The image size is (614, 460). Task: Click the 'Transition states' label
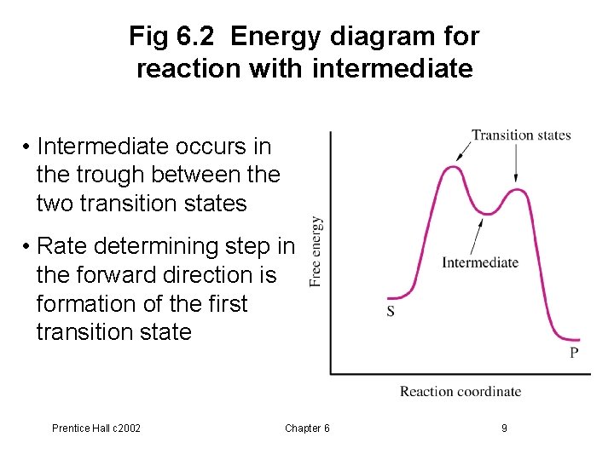pos(521,135)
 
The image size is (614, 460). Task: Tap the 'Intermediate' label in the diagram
pos(480,262)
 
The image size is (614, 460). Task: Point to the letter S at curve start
pos(391,312)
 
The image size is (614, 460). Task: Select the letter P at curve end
pos(574,352)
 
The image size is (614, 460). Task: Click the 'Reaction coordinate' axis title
pos(460,392)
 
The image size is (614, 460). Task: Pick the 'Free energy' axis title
pos(316,250)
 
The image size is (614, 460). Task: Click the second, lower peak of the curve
pos(515,190)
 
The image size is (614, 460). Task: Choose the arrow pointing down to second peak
pos(516,166)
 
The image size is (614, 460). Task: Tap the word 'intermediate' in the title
pos(392,68)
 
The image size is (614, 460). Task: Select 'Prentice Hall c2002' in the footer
pos(96,428)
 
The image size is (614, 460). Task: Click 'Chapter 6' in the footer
pos(307,428)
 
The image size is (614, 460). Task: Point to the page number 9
pos(504,428)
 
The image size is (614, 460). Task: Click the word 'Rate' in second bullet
pos(61,246)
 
